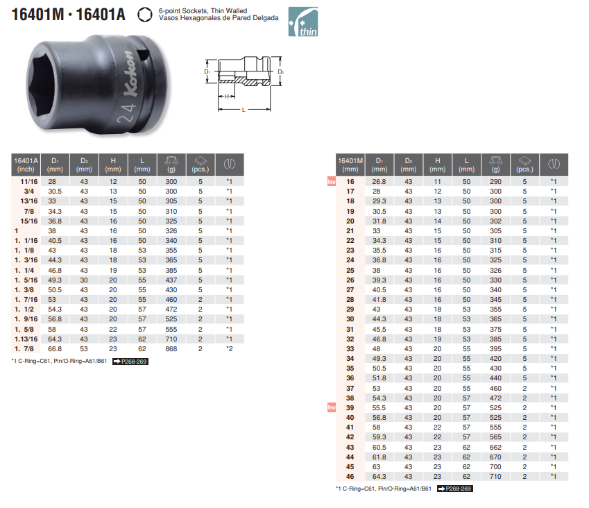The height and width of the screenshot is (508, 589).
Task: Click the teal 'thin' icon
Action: point(302,22)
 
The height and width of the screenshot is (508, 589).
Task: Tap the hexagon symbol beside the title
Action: point(144,15)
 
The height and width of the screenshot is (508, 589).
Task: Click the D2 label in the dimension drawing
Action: point(280,71)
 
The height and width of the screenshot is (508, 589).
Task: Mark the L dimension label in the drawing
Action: point(244,110)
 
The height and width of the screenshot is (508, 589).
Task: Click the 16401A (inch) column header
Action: point(26,165)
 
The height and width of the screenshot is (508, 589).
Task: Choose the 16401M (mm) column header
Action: point(350,165)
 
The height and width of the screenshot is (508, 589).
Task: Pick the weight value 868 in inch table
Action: point(171,348)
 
